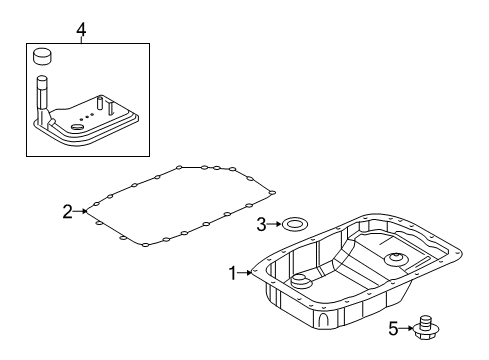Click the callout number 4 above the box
(81, 30)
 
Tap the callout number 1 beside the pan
(233, 272)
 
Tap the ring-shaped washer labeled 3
(293, 224)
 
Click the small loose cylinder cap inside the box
(43, 56)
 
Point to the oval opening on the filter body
(80, 128)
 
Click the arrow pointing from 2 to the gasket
(81, 211)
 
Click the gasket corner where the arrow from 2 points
(91, 210)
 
